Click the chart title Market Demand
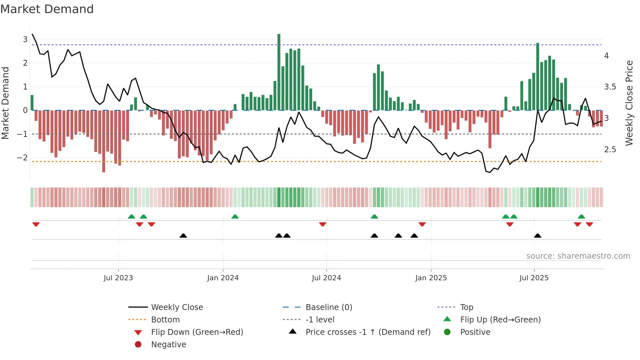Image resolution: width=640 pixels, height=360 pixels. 47,9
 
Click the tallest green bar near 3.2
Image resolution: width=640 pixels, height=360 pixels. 279,72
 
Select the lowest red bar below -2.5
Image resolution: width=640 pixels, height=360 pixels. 104,141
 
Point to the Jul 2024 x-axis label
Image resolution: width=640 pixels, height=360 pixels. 326,278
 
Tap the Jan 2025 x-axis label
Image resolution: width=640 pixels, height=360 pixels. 431,278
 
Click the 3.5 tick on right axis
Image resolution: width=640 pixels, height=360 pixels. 610,87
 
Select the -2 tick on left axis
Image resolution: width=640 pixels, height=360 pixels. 23,158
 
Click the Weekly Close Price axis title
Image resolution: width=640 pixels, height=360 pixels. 629,103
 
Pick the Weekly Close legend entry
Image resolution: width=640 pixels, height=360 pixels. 177,307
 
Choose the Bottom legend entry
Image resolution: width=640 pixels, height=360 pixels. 165,320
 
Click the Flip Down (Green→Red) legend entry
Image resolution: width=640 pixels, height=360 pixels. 197,332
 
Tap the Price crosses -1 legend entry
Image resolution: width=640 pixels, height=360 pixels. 368,332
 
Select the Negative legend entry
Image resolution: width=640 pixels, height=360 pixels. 168,345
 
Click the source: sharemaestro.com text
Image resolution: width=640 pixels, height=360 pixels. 578,256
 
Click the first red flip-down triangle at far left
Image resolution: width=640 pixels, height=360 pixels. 36,224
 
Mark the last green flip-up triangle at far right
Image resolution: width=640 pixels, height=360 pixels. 581,217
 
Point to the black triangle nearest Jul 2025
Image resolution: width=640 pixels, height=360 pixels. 537,236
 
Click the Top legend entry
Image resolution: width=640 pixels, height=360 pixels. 466,307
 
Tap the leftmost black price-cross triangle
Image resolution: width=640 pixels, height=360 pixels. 183,236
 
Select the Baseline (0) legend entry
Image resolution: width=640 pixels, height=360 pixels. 328,307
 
